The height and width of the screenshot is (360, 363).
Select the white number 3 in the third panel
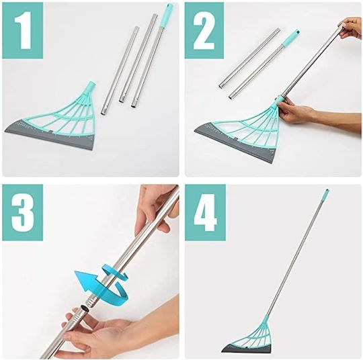pos(23,212)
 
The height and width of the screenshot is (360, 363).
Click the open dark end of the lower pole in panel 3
pos(83,309)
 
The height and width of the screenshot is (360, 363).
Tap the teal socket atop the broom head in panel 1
pos(91,85)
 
